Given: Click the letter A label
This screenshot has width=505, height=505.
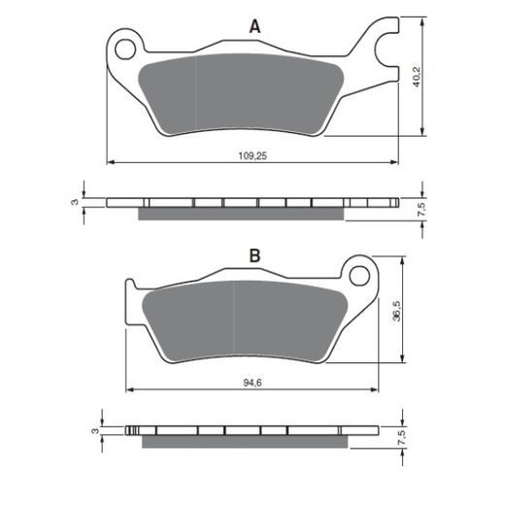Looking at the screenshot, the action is (x=254, y=26).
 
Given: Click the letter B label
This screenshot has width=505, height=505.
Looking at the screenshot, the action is (x=254, y=255).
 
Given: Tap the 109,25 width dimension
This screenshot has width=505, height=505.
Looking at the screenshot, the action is (x=252, y=156).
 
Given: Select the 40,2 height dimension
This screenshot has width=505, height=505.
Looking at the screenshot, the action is (x=416, y=77).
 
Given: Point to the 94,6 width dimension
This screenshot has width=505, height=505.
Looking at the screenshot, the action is (x=252, y=383).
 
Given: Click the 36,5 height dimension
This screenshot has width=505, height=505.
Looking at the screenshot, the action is (x=396, y=311).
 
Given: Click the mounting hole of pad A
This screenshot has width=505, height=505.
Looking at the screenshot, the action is (x=125, y=50).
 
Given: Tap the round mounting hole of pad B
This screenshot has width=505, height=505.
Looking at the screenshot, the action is (x=359, y=276).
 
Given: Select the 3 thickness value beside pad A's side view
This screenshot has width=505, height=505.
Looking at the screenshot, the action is (x=75, y=202).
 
